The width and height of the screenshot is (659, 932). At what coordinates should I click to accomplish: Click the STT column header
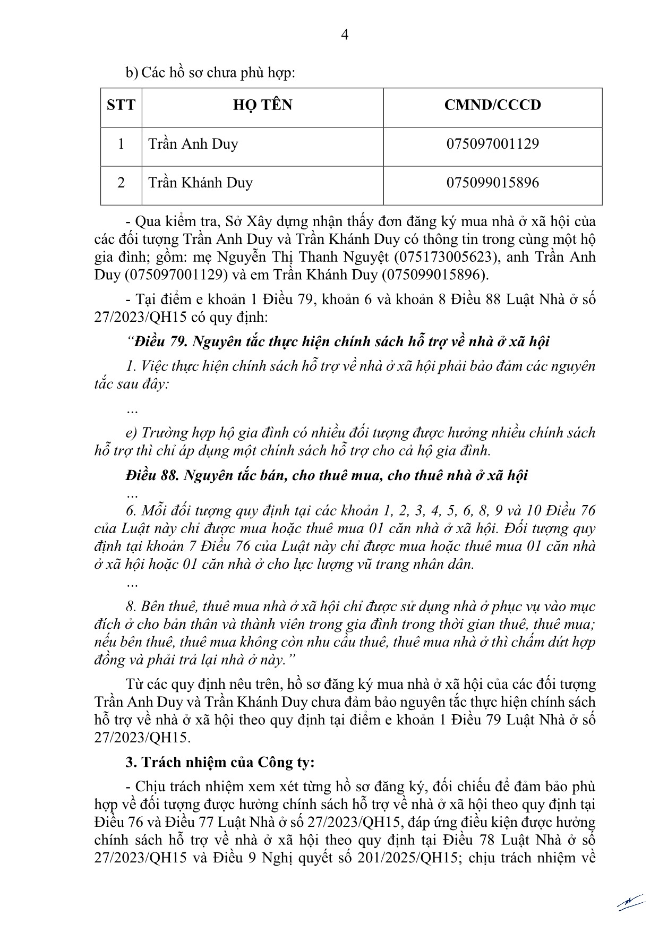(x=121, y=105)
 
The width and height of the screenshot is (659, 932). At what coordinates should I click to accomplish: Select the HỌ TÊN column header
(x=262, y=105)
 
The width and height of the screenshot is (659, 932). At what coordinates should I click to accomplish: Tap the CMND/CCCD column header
(x=492, y=105)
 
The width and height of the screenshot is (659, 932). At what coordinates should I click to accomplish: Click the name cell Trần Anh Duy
(x=193, y=144)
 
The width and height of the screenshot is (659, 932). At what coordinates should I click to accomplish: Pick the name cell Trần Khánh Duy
(x=200, y=183)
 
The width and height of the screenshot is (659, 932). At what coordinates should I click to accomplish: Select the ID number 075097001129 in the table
(x=492, y=144)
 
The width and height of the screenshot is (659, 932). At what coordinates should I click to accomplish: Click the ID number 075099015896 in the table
(x=492, y=183)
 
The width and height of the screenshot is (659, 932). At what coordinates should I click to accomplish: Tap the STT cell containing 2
(x=121, y=183)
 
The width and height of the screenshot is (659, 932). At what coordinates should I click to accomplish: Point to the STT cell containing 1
(x=121, y=144)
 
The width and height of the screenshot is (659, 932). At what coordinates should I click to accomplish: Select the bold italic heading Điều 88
(x=327, y=475)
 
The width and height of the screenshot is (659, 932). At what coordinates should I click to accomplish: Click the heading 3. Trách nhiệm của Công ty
(x=220, y=762)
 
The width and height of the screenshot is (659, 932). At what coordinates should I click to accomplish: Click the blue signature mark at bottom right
(x=630, y=902)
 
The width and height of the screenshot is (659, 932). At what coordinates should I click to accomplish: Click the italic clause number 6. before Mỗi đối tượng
(x=131, y=511)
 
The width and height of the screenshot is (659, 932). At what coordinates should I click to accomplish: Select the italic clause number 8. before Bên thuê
(x=131, y=606)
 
